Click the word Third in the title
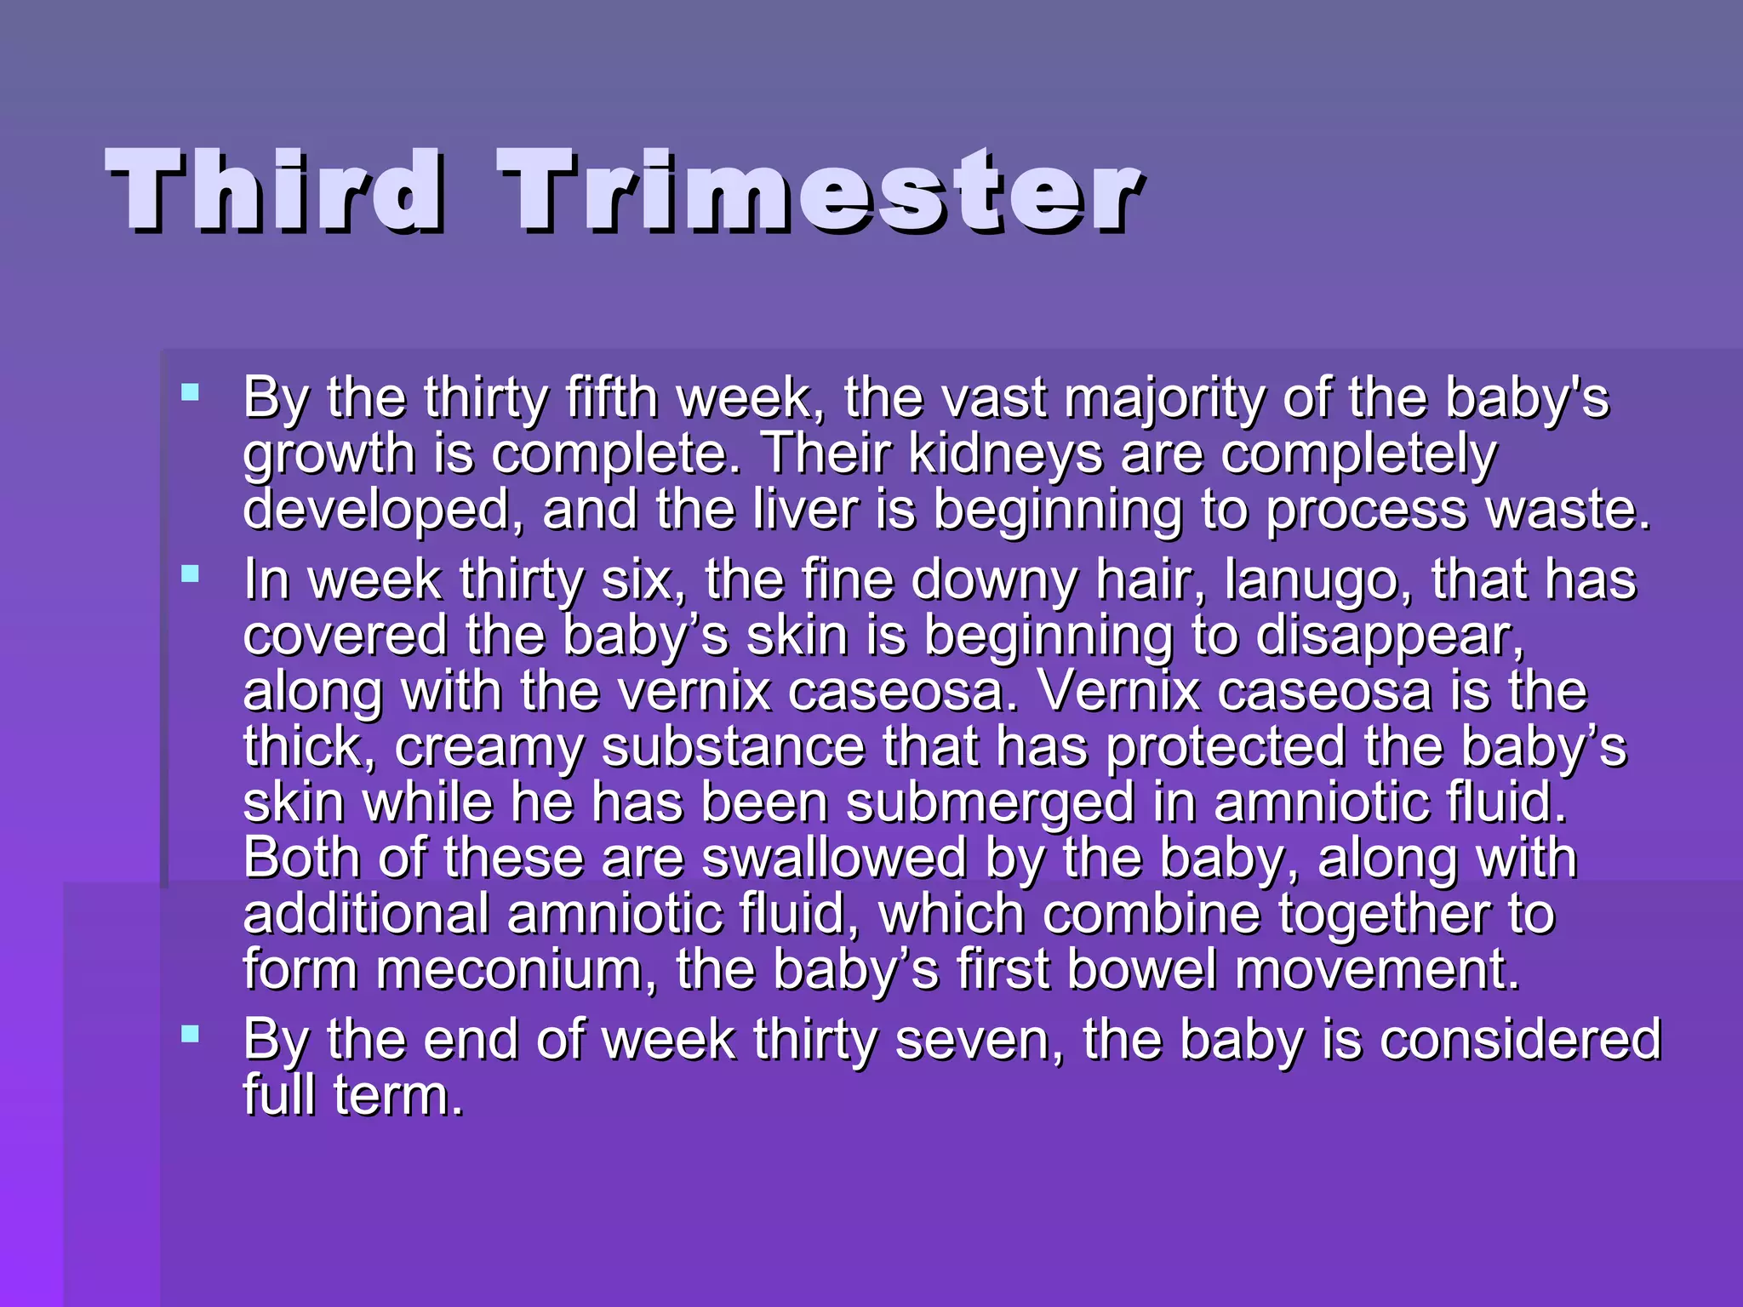tap(274, 191)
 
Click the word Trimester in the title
tap(820, 191)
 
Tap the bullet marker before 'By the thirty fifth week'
tap(191, 392)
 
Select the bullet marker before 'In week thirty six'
tap(191, 574)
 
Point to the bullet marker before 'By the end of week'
tap(191, 1035)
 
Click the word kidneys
tap(1005, 454)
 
